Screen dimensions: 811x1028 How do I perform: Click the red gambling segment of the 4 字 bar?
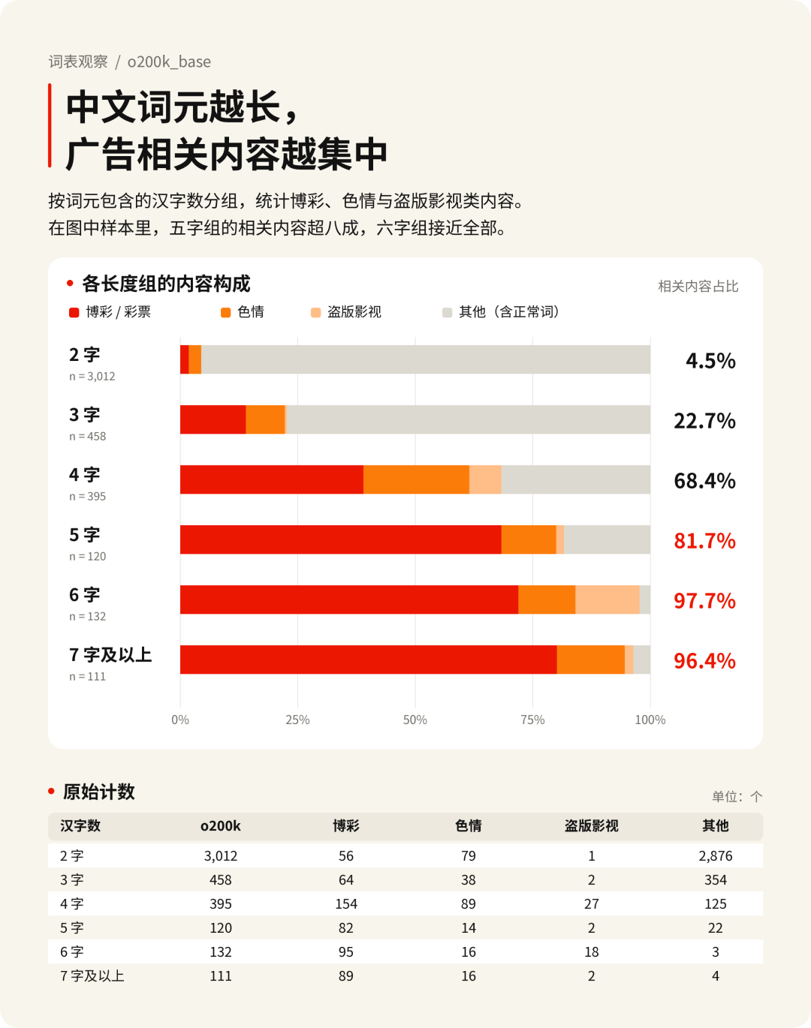click(x=272, y=479)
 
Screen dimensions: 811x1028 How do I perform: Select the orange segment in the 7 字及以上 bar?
click(x=590, y=660)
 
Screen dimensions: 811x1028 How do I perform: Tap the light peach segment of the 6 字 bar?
click(x=607, y=600)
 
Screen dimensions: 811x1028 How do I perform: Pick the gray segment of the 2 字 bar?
click(x=426, y=359)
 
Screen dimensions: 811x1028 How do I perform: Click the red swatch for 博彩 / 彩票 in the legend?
click(x=74, y=312)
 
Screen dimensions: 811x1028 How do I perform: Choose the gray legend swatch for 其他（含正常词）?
click(x=447, y=312)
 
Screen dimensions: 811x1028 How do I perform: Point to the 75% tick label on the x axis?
click(x=532, y=720)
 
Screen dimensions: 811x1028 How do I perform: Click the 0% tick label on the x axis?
click(x=180, y=720)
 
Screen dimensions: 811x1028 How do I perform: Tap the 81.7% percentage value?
click(x=704, y=541)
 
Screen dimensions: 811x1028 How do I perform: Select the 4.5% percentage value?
click(x=710, y=361)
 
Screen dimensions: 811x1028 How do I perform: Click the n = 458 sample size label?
click(x=88, y=436)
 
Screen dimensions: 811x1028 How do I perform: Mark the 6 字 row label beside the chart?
click(x=85, y=595)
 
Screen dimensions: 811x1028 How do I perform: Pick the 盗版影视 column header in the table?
click(x=592, y=825)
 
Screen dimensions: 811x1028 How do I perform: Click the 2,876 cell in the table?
click(x=716, y=855)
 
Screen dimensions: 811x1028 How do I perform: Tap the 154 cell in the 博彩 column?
click(x=346, y=903)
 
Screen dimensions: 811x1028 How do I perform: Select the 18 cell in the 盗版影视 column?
click(x=592, y=952)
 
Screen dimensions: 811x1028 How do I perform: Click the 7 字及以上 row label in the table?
click(x=92, y=976)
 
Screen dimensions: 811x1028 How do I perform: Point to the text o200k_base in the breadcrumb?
click(x=169, y=62)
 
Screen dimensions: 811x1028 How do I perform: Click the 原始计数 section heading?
click(x=99, y=792)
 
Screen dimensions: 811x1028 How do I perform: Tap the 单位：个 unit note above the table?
click(x=737, y=796)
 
